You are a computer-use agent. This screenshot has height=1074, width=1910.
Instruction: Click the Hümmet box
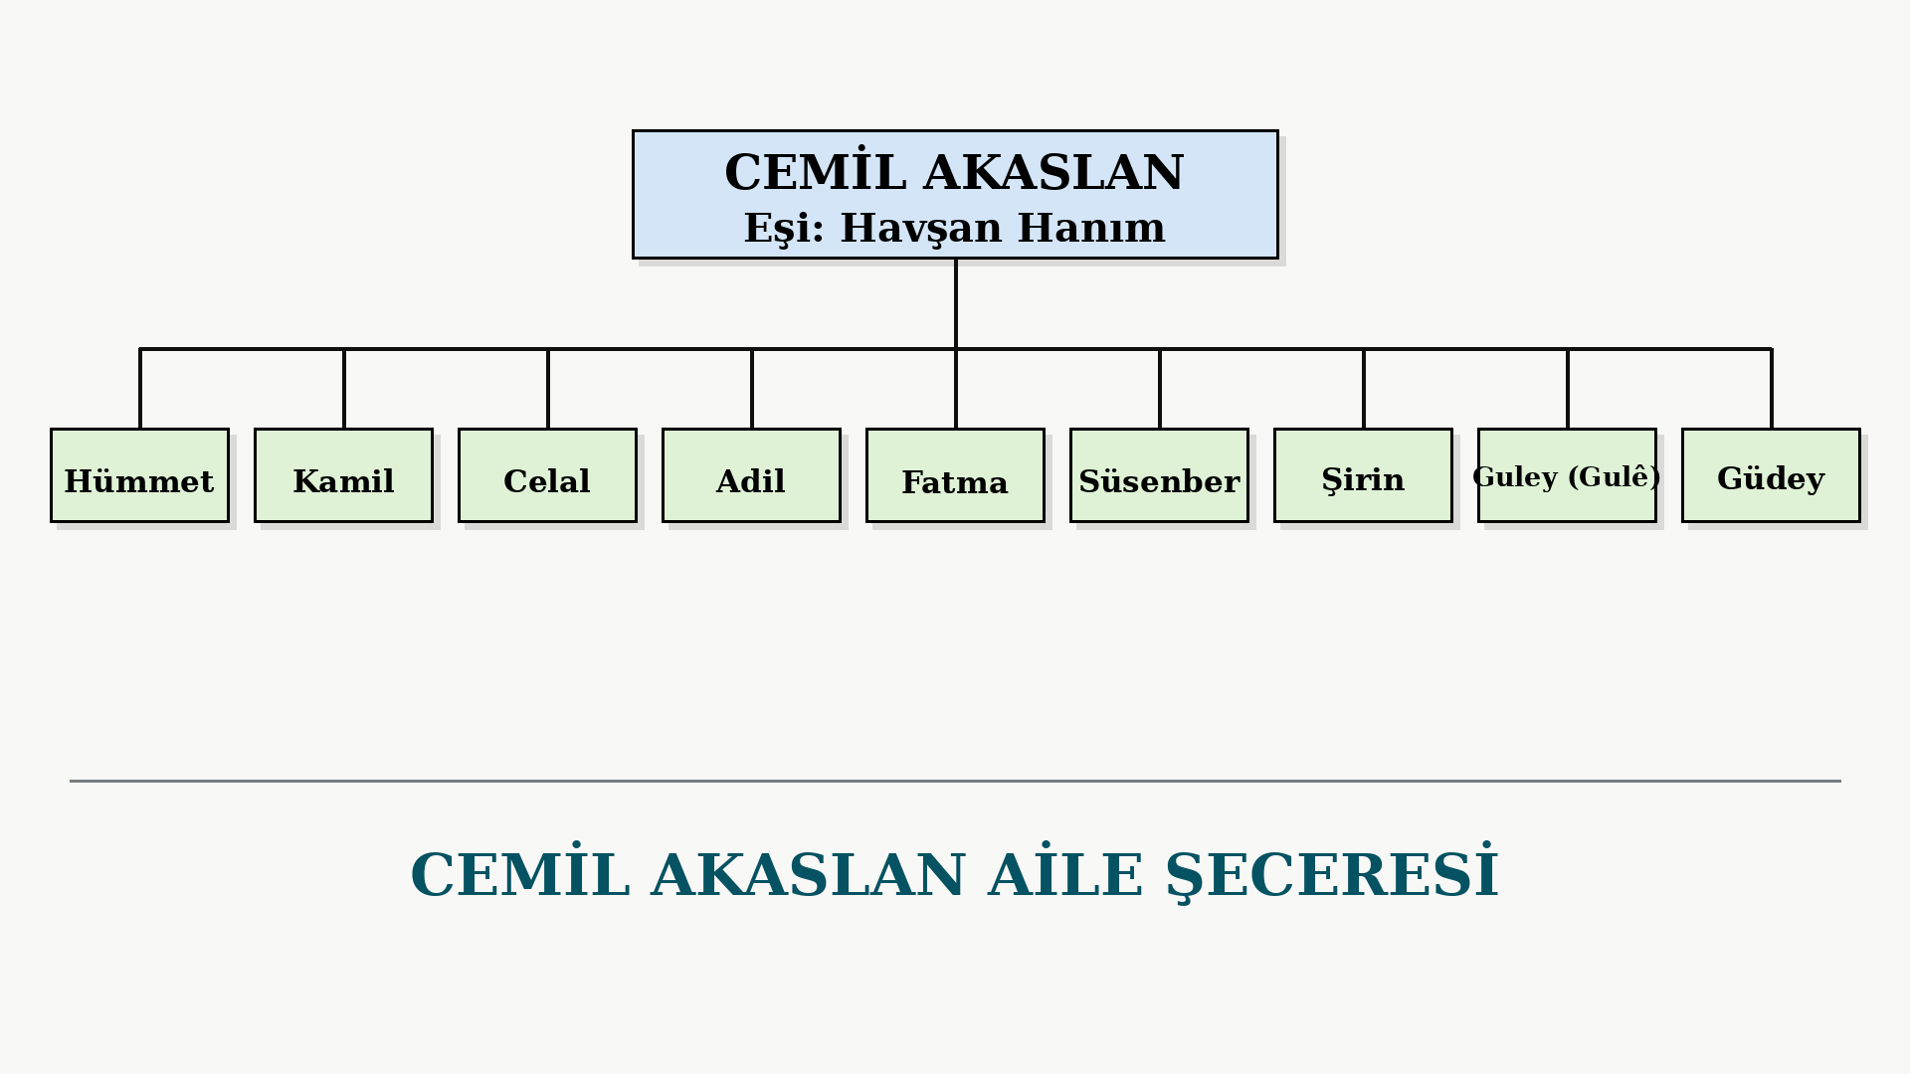(x=139, y=475)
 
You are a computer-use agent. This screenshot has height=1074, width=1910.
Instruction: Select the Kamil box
(x=343, y=475)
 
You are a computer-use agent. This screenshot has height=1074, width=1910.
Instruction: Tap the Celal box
(x=547, y=475)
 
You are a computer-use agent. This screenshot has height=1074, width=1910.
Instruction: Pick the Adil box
(x=751, y=475)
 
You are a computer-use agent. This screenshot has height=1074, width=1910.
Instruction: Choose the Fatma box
(x=955, y=475)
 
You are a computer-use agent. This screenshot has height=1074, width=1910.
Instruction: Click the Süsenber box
(x=1159, y=475)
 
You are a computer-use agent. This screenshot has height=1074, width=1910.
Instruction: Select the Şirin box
(x=1363, y=475)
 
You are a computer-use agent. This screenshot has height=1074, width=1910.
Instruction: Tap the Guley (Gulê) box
(x=1567, y=475)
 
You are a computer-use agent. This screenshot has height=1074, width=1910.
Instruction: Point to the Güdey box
(x=1771, y=475)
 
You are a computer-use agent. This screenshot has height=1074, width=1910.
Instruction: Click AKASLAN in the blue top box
(x=1054, y=172)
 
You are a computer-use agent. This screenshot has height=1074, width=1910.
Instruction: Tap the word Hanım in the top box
(x=1091, y=227)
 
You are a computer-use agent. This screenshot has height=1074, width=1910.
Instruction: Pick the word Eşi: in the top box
(x=785, y=229)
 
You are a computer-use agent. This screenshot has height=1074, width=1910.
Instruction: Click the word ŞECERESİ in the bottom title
(x=1332, y=873)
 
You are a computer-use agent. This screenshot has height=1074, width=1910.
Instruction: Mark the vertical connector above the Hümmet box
(x=140, y=388)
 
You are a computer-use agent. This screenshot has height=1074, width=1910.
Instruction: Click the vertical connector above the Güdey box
(x=1772, y=388)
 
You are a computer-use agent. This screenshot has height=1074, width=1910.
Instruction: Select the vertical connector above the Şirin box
(x=1364, y=388)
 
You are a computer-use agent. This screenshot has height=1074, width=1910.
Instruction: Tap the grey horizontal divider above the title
(x=955, y=781)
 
